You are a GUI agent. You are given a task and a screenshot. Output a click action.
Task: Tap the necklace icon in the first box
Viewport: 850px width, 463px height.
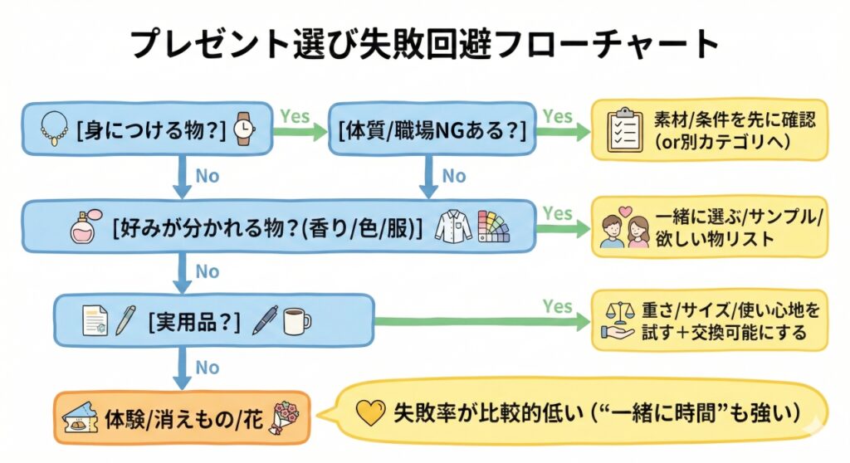(x=51, y=129)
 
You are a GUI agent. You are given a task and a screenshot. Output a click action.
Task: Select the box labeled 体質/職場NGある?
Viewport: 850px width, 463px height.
(x=432, y=129)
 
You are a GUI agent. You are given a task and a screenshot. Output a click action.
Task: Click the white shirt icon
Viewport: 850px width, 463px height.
(x=452, y=225)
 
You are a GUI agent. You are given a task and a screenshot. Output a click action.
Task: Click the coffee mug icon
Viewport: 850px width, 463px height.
(x=296, y=320)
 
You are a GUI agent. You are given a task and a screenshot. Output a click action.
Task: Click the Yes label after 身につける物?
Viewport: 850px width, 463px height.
(x=294, y=115)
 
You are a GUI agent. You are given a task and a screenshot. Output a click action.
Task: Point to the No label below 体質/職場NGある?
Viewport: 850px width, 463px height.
(x=453, y=176)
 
